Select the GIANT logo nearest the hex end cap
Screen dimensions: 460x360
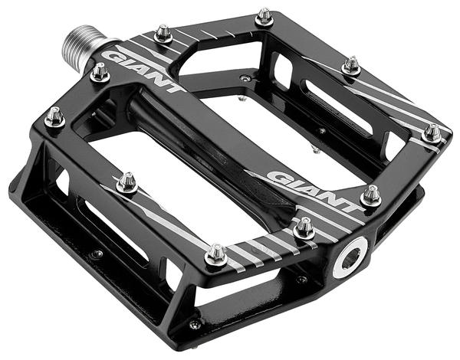click(314, 191)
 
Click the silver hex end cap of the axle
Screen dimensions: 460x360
click(350, 257)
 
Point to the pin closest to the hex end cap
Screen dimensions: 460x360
click(304, 228)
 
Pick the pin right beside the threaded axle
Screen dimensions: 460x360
click(100, 73)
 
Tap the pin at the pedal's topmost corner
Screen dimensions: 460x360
click(264, 17)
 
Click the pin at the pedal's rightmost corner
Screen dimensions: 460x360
click(432, 133)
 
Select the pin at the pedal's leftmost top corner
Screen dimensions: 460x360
click(55, 117)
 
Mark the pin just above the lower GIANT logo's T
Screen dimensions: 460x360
click(371, 195)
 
